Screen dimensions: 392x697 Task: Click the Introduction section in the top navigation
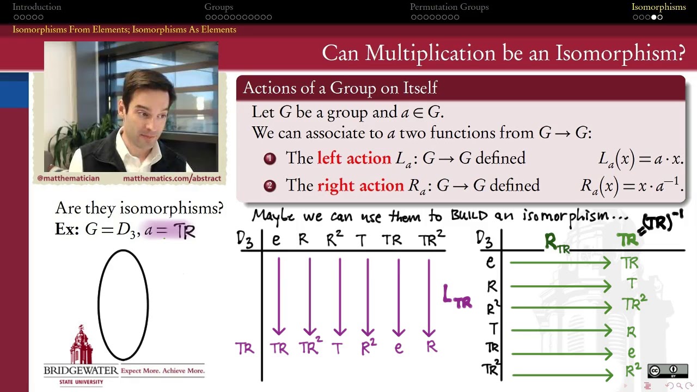[x=36, y=7]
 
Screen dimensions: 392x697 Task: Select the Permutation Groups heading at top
[x=449, y=7]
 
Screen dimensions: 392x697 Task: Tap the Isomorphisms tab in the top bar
[x=658, y=7]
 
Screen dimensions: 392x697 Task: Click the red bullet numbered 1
[x=270, y=158]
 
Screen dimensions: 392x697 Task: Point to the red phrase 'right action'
[x=360, y=185]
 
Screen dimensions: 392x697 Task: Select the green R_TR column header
[x=557, y=243]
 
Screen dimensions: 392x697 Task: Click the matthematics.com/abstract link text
[x=172, y=178]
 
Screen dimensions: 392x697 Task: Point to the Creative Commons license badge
[x=667, y=371]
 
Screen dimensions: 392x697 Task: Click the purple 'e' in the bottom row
[x=399, y=348]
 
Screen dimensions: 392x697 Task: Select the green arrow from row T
[x=561, y=330]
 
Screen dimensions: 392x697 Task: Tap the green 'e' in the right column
[x=631, y=353]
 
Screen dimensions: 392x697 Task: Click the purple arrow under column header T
[x=368, y=297]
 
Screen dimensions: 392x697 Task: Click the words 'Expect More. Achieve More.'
[x=163, y=371]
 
